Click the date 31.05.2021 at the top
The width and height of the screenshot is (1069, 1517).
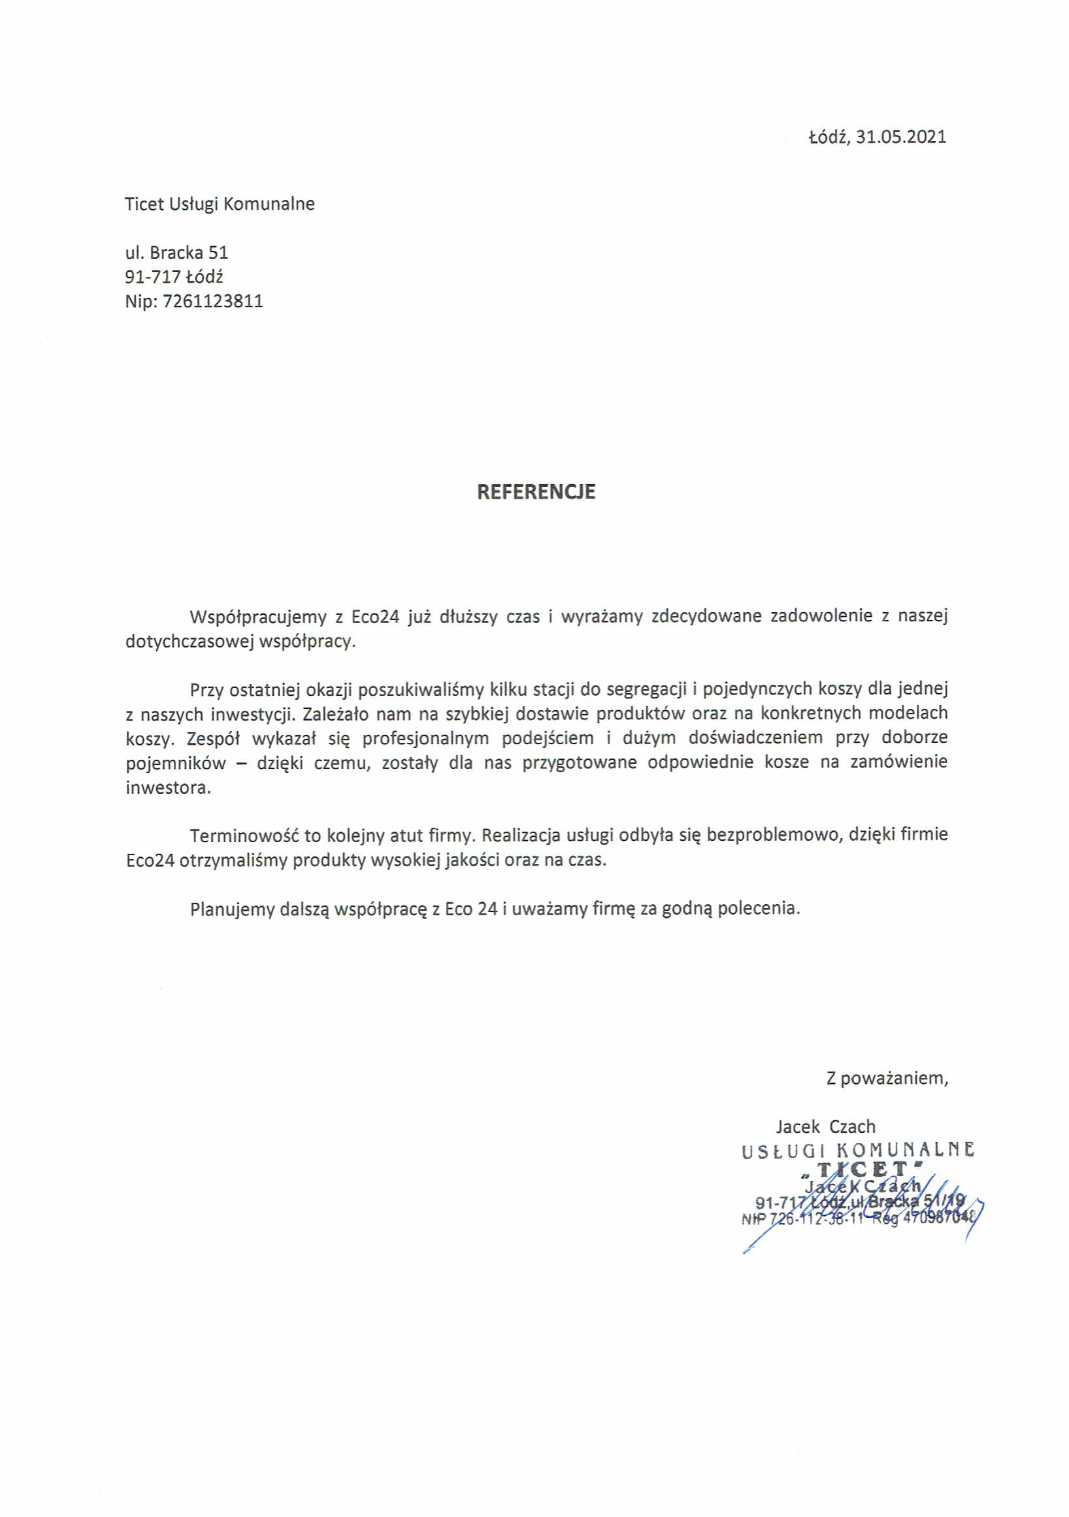[x=901, y=137]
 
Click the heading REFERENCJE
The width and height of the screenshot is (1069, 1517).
[x=536, y=491]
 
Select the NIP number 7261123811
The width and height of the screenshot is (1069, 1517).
[x=213, y=301]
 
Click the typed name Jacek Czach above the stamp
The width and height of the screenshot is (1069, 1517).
[x=825, y=1126]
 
